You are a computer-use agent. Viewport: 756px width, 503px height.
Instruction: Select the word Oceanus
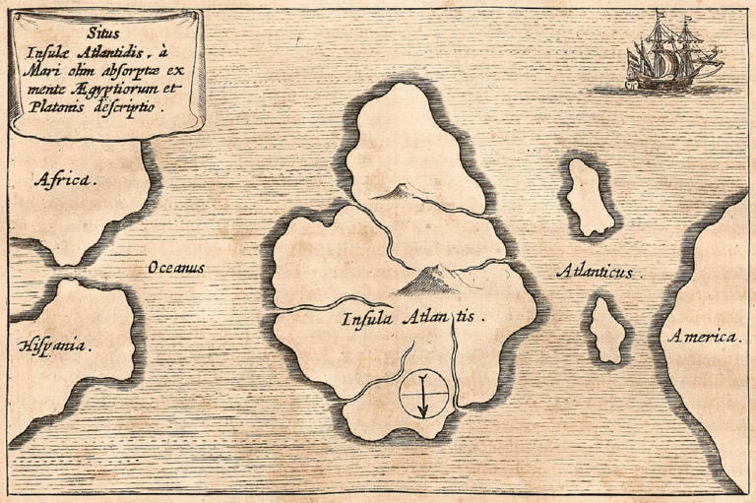176,267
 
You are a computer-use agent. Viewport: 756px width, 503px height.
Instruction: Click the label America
703,337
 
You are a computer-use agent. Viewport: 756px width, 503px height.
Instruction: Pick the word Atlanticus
597,270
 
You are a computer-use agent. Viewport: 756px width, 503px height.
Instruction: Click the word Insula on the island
368,318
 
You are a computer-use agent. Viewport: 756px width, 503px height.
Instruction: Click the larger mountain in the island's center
426,282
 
